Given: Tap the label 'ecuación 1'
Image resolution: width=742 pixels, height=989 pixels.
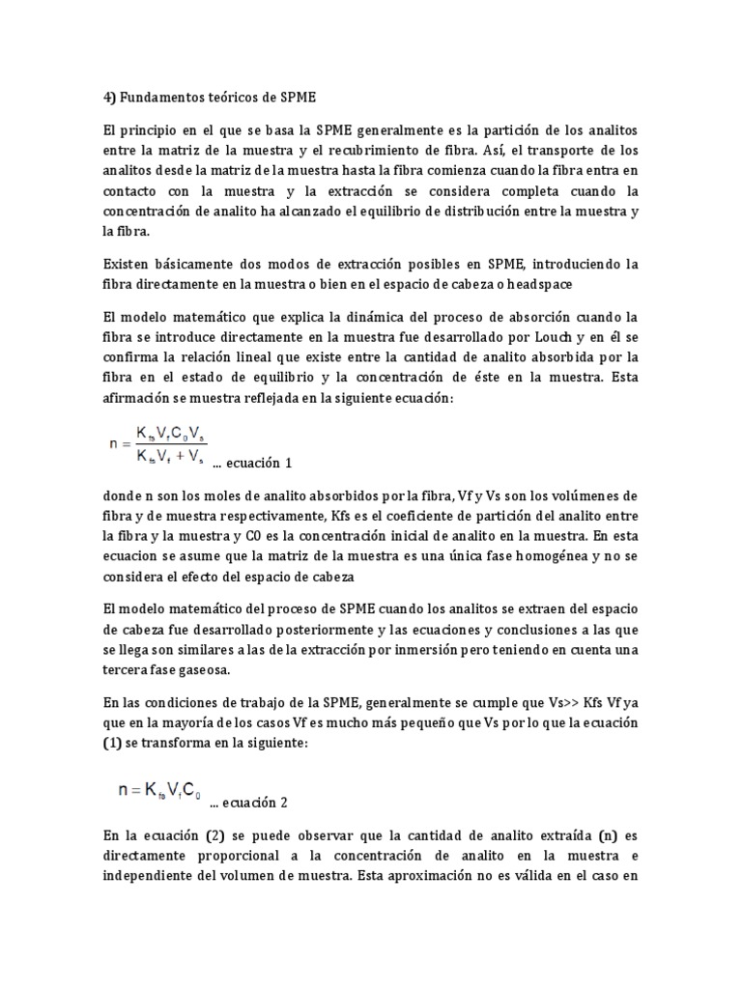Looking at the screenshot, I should [250, 463].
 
